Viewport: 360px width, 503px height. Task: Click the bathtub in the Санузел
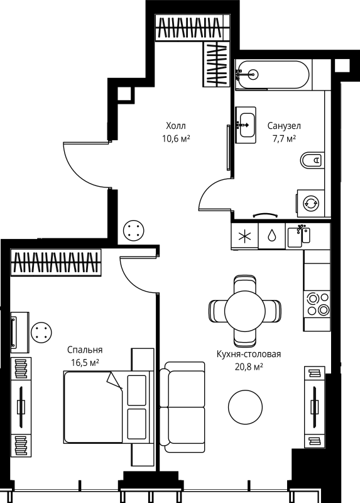(273, 74)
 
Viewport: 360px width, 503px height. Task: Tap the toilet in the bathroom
(311, 161)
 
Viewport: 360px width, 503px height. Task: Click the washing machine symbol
(311, 203)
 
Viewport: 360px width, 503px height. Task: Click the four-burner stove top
(317, 304)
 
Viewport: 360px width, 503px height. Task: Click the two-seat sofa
(182, 406)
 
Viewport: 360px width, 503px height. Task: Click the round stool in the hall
(133, 230)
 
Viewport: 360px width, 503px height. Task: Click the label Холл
(176, 126)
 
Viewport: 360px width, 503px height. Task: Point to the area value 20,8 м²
(248, 366)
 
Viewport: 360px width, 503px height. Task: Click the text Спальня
(85, 350)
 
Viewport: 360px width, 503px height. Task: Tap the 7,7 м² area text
(283, 138)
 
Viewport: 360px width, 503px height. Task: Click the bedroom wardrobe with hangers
(56, 263)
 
